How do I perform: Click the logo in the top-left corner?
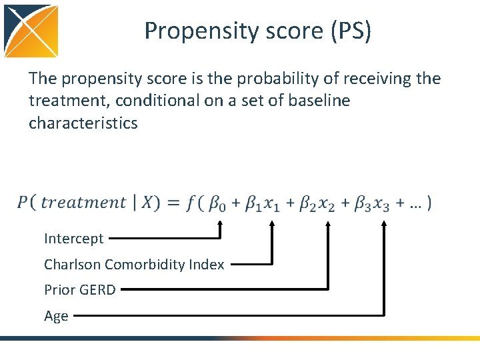click(x=31, y=31)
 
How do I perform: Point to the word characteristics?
click(x=83, y=123)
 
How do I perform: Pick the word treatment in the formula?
click(x=83, y=202)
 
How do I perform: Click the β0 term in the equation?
click(x=217, y=203)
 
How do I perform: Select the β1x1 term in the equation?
click(x=263, y=203)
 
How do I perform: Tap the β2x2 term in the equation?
click(x=317, y=203)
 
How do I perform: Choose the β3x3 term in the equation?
click(x=373, y=203)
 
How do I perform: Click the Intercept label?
click(x=74, y=238)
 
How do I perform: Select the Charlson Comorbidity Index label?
click(x=134, y=264)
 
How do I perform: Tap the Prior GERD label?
click(x=80, y=289)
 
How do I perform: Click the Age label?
click(x=56, y=315)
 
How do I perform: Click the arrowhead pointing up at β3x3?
click(x=384, y=225)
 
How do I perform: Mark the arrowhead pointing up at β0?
click(x=220, y=225)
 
